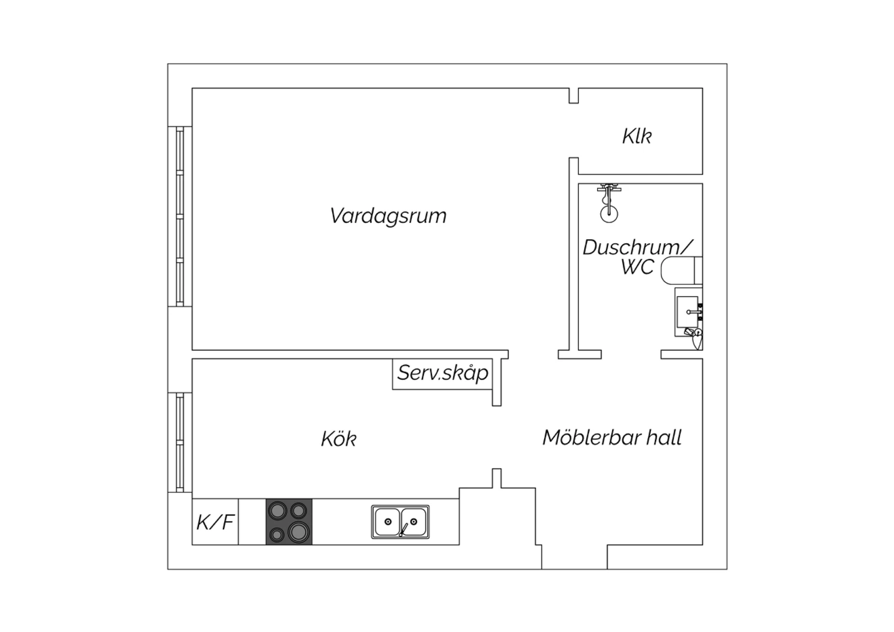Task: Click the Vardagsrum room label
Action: click(x=388, y=216)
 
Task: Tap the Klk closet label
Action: click(x=637, y=136)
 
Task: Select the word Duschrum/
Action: click(x=638, y=247)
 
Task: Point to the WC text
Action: click(x=637, y=267)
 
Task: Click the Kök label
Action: click(x=339, y=439)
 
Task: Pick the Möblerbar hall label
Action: click(x=612, y=437)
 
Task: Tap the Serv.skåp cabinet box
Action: click(x=442, y=374)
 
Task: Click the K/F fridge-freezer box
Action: click(x=215, y=522)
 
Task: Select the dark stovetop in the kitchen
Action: click(x=289, y=522)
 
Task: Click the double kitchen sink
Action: click(x=401, y=522)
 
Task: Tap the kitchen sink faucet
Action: click(x=403, y=529)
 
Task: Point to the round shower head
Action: click(x=609, y=213)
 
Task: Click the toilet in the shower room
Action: click(x=682, y=271)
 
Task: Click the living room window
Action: click(x=179, y=216)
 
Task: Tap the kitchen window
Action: click(x=179, y=442)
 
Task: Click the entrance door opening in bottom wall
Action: click(x=575, y=557)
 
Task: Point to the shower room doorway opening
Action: click(x=631, y=355)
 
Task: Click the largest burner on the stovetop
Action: click(x=299, y=532)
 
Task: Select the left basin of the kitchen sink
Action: click(x=387, y=522)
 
